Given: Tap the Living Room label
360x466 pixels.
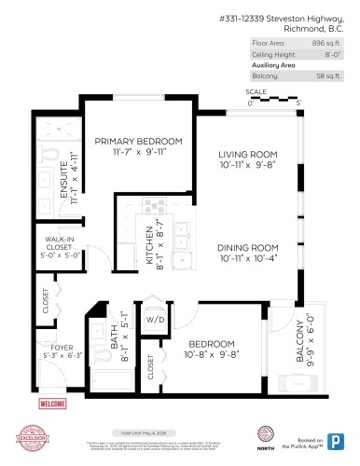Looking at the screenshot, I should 250,155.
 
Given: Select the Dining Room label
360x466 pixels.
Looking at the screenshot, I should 249,247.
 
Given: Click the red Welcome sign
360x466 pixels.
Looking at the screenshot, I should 51,404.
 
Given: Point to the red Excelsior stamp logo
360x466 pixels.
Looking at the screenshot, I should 32,438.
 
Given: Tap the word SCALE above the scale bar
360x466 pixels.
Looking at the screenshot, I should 256,92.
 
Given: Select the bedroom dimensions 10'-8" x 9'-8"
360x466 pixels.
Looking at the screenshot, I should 212,354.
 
